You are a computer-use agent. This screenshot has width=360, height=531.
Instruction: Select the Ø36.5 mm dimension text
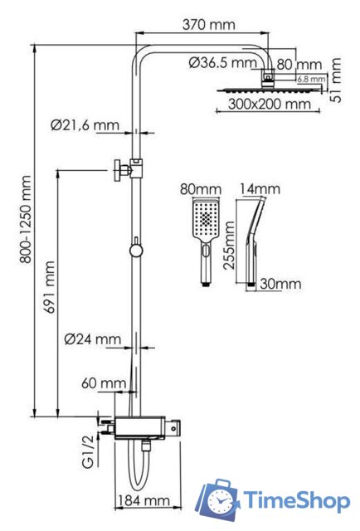(222, 62)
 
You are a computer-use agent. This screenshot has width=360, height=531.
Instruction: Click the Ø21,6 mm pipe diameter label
(84, 125)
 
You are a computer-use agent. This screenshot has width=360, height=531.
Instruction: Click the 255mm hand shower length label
(231, 246)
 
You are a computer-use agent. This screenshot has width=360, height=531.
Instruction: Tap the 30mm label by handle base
(279, 285)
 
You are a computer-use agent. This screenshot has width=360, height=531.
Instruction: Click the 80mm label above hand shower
(196, 188)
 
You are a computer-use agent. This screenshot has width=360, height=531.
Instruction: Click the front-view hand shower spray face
(205, 221)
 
